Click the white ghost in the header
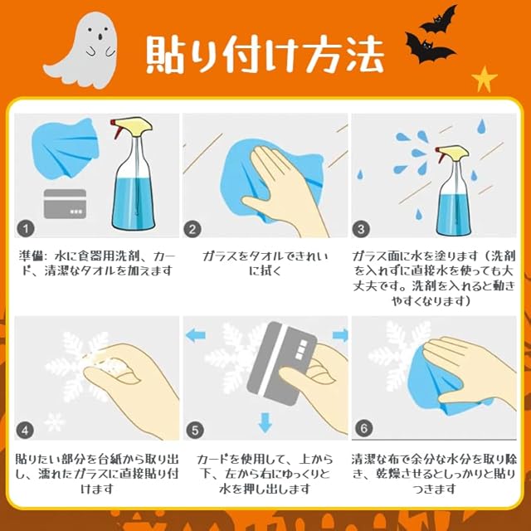(x=83, y=51)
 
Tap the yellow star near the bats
(x=485, y=80)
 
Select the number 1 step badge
(x=26, y=229)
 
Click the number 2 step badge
(x=192, y=229)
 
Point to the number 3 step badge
(x=361, y=229)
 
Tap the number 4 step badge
(x=25, y=431)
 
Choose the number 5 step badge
(x=195, y=431)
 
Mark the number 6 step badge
(x=363, y=428)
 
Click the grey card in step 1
(x=65, y=203)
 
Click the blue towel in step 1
(x=65, y=149)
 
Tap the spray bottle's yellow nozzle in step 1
(x=133, y=125)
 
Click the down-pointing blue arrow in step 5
(x=265, y=422)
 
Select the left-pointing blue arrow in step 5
(x=196, y=335)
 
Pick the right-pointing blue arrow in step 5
(x=340, y=335)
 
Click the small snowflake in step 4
(x=55, y=422)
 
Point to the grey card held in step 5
(x=282, y=363)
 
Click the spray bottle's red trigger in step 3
(x=440, y=155)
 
